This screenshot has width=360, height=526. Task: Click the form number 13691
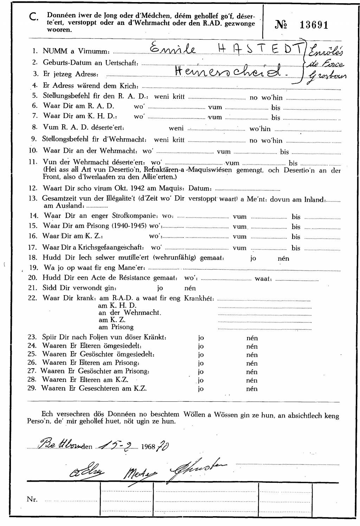(x=314, y=25)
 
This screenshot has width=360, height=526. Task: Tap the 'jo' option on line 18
(x=253, y=258)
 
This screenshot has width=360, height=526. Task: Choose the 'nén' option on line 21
(x=190, y=288)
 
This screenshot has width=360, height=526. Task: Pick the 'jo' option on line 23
(x=201, y=338)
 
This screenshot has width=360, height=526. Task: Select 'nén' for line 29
(x=252, y=389)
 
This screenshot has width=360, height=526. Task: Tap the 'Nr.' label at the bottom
(x=32, y=499)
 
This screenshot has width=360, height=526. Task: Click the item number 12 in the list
(x=33, y=189)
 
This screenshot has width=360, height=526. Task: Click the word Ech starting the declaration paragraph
(x=47, y=414)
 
